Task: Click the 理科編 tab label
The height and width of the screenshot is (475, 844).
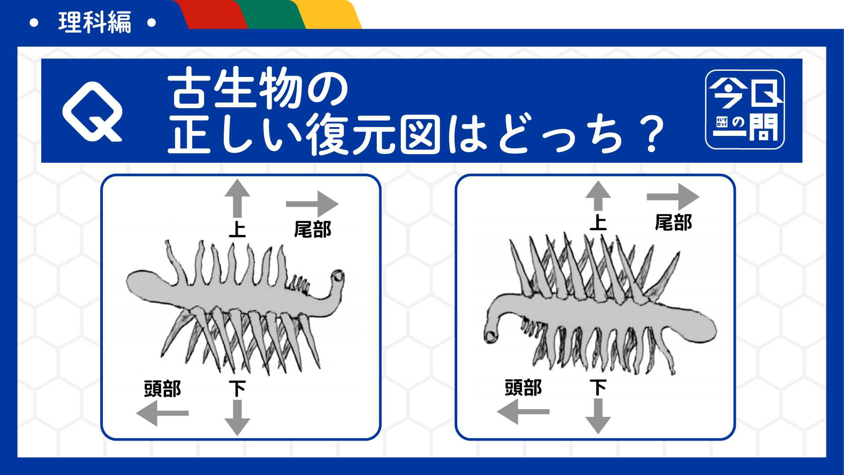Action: click(95, 22)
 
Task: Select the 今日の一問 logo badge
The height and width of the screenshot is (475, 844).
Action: click(745, 110)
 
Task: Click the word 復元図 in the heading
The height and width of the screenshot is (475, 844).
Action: click(373, 134)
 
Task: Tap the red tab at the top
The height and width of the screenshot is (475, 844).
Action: click(211, 15)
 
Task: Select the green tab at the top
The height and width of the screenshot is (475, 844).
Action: click(268, 15)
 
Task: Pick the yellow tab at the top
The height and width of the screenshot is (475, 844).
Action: click(327, 15)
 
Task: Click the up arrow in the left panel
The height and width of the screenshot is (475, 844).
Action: click(237, 198)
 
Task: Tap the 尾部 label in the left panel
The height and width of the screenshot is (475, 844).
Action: click(313, 230)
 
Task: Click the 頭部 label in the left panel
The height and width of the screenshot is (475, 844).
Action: click(162, 389)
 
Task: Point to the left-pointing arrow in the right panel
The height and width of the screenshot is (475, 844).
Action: click(523, 412)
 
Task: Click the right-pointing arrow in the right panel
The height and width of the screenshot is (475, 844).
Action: click(673, 197)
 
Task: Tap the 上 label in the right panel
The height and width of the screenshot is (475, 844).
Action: click(598, 223)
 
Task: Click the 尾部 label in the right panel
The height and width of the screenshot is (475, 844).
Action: click(673, 223)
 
